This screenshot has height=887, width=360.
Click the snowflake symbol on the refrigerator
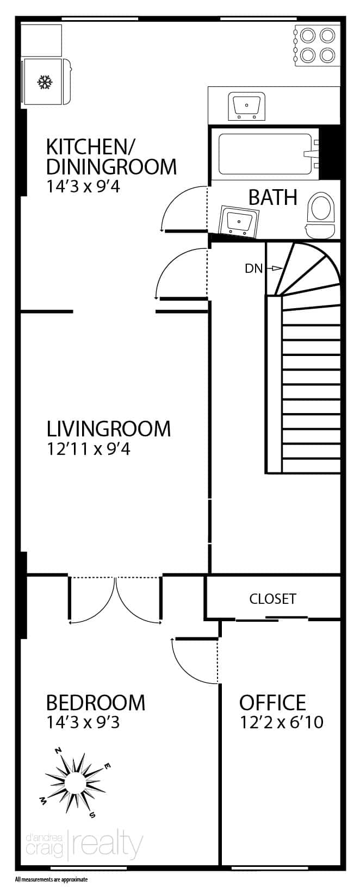pos(45,82)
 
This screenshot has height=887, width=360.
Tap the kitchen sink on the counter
pos(246,106)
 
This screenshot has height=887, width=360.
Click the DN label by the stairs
pos(254,269)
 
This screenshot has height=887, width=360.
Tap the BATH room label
pos(273,197)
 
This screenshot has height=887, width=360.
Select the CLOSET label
pos(273,599)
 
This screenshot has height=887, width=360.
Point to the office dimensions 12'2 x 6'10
pos(282,723)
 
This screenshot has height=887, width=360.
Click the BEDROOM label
pos(96,703)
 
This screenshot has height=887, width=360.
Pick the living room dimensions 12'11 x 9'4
pos(88,449)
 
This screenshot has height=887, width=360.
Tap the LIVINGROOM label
pos(109,429)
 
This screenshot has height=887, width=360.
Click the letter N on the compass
pos(59,751)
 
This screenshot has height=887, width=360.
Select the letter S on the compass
pos(92,815)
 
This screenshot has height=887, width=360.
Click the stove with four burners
pos(316,45)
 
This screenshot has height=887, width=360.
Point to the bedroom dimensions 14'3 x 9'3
pos(83,723)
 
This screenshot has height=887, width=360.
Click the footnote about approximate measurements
pos(51,880)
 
